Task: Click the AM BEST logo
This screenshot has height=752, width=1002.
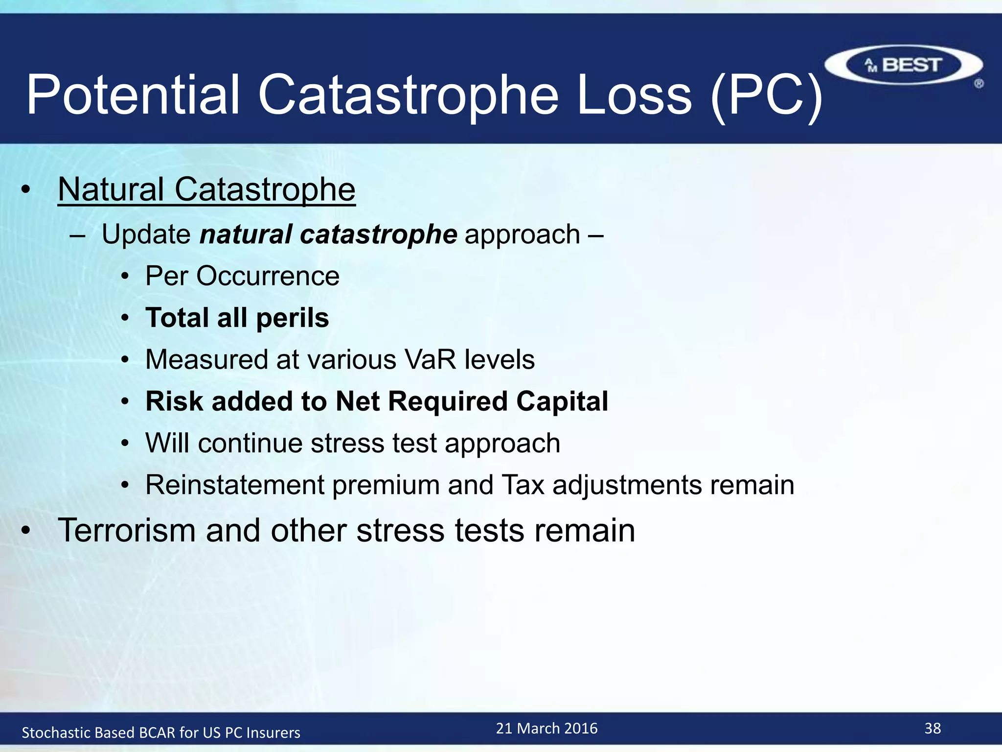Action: click(903, 65)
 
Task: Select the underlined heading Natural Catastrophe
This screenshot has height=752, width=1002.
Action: click(206, 189)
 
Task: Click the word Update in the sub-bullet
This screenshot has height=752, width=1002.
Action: click(146, 234)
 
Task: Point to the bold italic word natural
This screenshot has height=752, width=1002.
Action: click(246, 234)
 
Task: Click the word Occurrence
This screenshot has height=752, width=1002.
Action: click(268, 276)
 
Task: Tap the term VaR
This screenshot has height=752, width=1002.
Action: click(430, 359)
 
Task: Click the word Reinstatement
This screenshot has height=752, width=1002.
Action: click(235, 485)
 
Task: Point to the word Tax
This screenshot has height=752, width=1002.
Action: click(523, 485)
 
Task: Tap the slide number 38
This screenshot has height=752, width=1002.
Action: click(933, 728)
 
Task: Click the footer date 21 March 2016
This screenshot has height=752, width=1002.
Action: click(547, 728)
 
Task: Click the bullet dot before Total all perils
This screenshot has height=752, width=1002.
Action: click(125, 318)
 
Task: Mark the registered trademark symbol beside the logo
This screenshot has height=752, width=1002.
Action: click(979, 84)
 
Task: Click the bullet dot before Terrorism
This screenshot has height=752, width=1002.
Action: click(26, 530)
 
